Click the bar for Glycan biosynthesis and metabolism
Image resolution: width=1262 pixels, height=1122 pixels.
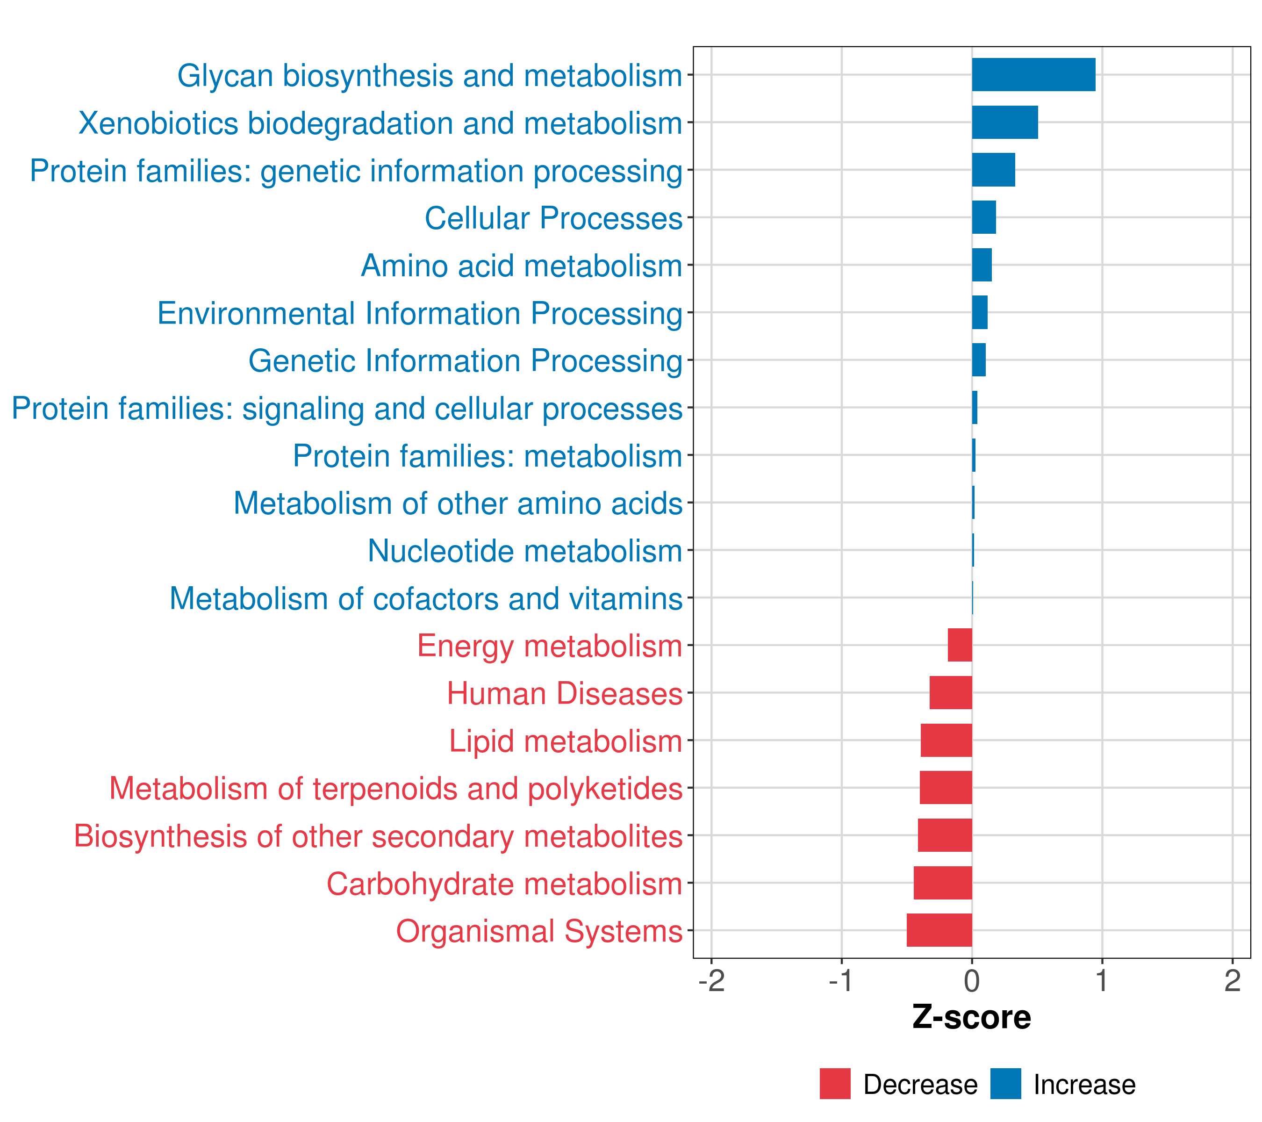1033,75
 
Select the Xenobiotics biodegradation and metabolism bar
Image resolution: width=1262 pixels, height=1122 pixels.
1004,122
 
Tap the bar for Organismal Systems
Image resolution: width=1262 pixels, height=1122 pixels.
939,930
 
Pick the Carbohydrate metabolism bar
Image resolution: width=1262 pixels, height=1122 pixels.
943,883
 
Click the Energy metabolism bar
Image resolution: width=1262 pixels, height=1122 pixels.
960,645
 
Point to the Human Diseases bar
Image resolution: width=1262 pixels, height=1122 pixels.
951,693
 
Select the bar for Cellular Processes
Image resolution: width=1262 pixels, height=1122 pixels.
983,217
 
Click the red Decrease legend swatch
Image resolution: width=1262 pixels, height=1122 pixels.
835,1084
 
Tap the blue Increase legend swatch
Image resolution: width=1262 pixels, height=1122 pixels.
1005,1084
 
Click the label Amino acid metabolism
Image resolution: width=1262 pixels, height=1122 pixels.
522,266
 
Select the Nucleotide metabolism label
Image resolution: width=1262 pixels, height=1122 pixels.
525,551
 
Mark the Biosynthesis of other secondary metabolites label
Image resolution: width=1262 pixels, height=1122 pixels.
378,836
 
